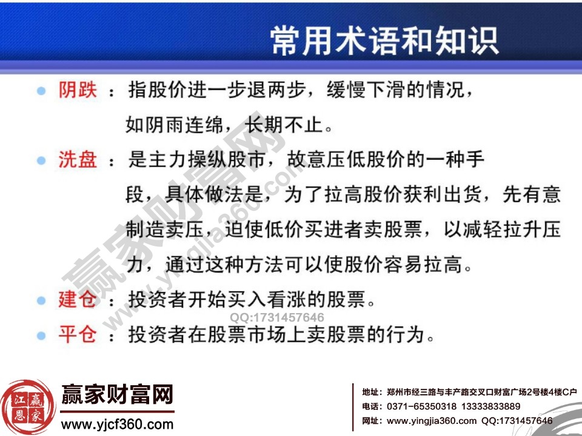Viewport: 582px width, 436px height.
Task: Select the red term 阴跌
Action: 77,91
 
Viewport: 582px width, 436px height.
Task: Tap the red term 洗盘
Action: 77,160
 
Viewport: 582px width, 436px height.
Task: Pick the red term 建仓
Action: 77,299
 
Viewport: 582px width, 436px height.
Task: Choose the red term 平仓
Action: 77,334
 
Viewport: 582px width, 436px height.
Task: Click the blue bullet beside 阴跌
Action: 41,91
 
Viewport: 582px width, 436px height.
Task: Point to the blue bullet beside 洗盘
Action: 41,160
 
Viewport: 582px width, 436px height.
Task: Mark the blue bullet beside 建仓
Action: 41,300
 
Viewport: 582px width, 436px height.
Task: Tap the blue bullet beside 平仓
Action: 41,334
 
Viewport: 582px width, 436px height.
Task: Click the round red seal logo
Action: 28,407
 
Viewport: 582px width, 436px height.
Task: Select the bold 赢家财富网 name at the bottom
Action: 117,395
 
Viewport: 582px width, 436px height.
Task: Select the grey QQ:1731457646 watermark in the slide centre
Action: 276,317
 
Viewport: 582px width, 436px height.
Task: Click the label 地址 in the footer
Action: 372,392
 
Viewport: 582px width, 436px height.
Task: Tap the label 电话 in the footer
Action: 372,406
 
